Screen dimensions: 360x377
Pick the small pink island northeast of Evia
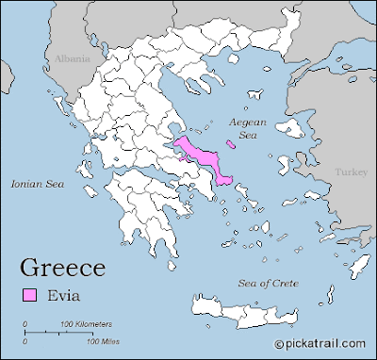(232, 144)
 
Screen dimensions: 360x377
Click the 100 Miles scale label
(78, 341)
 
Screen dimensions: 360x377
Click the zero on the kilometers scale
(25, 323)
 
